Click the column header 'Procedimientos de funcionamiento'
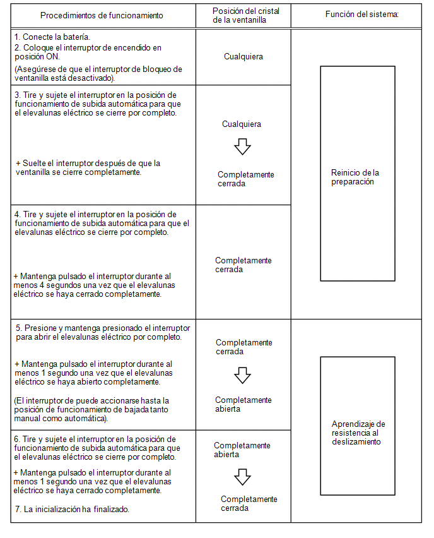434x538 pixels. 102,15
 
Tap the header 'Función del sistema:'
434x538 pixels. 362,14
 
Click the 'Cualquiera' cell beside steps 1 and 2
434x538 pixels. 243,57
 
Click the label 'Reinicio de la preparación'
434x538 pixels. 355,177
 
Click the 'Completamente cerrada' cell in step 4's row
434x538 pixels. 243,265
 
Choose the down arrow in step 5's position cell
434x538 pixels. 242,375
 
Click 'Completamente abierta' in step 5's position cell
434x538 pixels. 243,404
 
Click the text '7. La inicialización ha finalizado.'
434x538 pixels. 72,509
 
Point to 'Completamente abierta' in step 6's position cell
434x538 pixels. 242,450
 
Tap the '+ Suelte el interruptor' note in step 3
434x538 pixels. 88,167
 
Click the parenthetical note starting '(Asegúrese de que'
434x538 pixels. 98,73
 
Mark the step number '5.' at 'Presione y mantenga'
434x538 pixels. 19,328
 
